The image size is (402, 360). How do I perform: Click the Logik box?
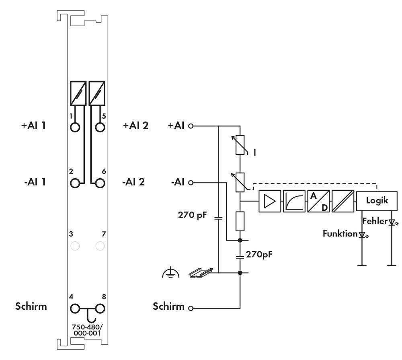coord(377,200)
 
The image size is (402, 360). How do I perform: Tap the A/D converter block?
coord(318,201)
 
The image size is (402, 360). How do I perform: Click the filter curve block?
coord(294,201)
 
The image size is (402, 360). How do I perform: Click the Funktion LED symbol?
coord(362,235)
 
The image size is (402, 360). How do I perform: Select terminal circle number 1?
coord(75,127)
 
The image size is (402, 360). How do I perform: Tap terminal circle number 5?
coord(100,127)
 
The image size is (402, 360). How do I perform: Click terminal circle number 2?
coord(75,183)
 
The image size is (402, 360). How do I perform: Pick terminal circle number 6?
coord(100,183)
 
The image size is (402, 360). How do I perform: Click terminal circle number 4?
coord(75,309)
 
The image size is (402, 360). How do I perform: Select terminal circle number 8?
coord(100,309)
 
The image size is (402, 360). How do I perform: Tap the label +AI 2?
coord(135,125)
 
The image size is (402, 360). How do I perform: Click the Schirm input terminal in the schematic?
coord(191,309)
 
